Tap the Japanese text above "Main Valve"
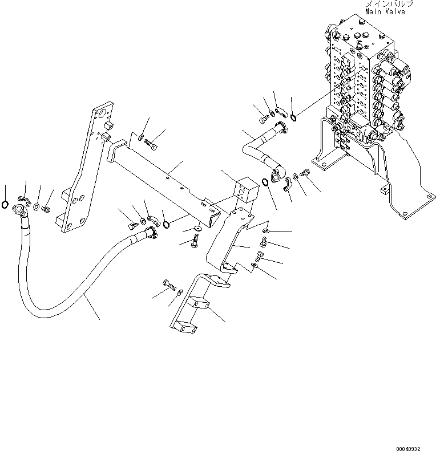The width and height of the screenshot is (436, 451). click(x=389, y=3)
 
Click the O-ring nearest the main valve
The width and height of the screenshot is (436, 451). click(x=292, y=117)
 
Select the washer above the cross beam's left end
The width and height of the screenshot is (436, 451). click(x=140, y=137)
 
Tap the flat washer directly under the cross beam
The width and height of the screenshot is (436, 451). click(x=197, y=229)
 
